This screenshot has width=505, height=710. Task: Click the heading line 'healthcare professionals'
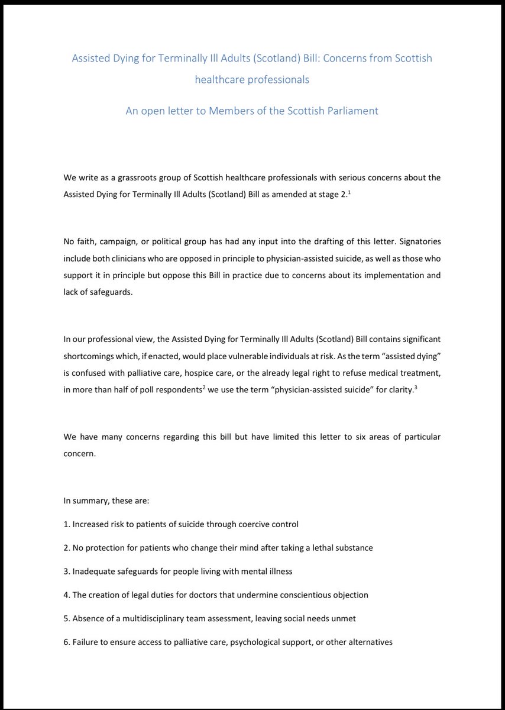[x=252, y=79]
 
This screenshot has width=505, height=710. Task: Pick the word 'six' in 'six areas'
[x=312, y=436]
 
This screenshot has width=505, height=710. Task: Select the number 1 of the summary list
[x=66, y=524]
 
